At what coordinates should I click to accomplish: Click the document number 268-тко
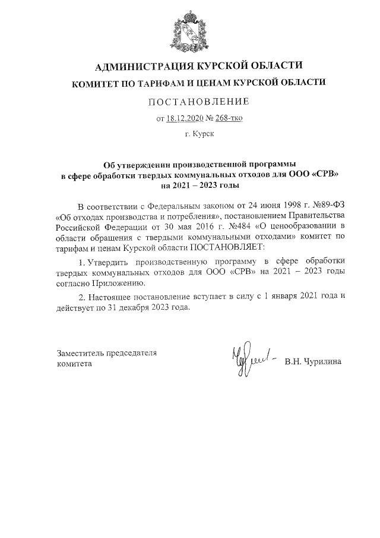click(228, 118)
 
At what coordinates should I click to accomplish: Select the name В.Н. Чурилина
click(313, 361)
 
